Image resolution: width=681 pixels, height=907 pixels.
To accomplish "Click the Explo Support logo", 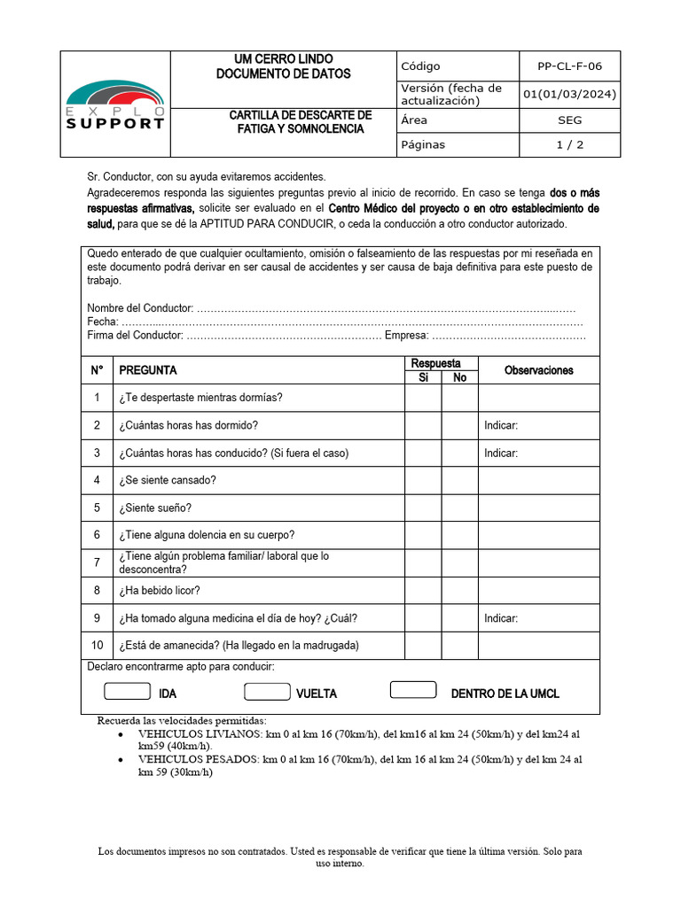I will point(115,105).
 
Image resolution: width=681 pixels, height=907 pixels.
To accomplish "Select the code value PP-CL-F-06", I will point(569,66).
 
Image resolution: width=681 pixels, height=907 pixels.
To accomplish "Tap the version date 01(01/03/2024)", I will point(569,94).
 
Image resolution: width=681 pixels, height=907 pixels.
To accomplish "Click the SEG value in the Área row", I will point(569,120).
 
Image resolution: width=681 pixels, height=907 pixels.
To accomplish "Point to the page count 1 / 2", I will point(569,144).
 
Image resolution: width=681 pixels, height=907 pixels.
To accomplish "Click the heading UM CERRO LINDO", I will point(283,58).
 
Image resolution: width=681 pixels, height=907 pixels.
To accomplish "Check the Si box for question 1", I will point(423,398).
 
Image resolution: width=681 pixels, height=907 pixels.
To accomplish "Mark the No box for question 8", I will point(459,590).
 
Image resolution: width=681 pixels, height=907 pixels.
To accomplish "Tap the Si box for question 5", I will point(423,508).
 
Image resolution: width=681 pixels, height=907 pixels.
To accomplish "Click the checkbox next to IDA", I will point(127,691).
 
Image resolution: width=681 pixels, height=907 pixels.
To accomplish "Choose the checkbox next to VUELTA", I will point(267,691).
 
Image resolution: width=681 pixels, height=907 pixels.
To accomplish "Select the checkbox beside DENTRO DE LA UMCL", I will point(413,690).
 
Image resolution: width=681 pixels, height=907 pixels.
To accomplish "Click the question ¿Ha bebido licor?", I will point(160,591).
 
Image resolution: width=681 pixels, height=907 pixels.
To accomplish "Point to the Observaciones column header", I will point(538,370).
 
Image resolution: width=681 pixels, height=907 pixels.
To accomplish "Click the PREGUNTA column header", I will point(148,370).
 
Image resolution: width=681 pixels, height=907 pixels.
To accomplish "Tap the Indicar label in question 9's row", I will point(501,618).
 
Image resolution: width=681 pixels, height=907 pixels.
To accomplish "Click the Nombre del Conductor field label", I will point(140,307).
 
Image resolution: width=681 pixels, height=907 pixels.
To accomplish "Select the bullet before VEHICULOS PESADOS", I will point(121,760).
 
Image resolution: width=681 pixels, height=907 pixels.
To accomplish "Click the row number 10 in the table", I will point(97,645).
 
